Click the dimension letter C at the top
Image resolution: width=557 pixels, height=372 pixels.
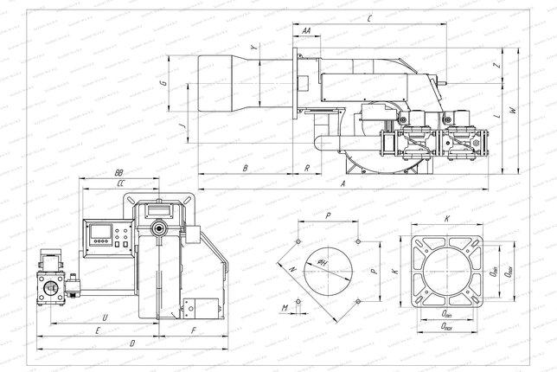pos(369,18)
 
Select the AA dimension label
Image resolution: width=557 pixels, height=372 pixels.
pos(307,30)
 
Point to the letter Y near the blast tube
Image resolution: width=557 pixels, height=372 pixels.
pos(253,48)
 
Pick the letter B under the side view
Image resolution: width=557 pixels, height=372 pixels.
pos(246,167)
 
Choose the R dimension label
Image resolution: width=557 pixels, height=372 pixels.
pos(309,167)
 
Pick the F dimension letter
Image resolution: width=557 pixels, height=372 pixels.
pos(193,330)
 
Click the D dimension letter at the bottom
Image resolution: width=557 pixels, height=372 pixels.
pos(131,344)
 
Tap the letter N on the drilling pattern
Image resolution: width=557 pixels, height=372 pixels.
pos(292,270)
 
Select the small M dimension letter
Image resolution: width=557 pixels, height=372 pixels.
pos(285,305)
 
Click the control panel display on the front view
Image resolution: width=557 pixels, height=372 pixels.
pos(102,235)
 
